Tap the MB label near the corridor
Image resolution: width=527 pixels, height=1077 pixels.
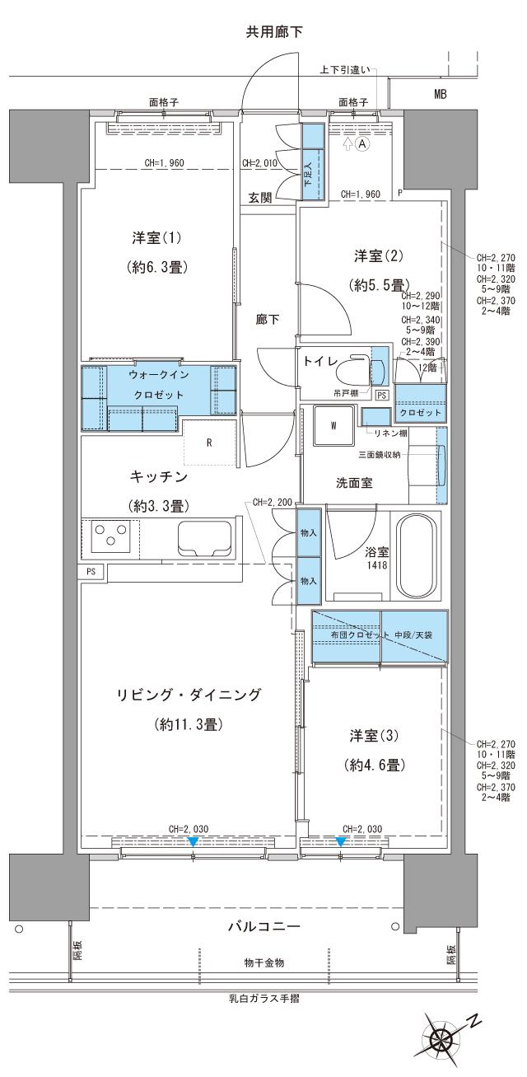pos(441,95)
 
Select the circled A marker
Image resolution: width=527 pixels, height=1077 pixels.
pos(361,143)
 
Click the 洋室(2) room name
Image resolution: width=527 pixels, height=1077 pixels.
pos(373,256)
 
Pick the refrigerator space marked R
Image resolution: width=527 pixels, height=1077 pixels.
pos(210,442)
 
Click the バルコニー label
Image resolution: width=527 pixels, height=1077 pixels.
pos(263,926)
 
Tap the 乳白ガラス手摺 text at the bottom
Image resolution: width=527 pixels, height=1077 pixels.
pos(263,1000)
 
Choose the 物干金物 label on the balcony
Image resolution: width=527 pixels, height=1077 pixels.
pos(263,962)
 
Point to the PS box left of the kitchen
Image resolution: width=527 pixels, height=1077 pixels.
pos(91,571)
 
